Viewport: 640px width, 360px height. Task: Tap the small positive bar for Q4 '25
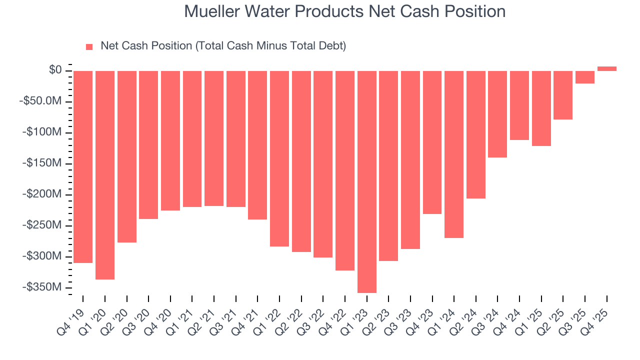coord(606,68)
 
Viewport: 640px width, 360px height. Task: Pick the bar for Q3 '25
coord(585,77)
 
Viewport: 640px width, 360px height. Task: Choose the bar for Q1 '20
coord(105,175)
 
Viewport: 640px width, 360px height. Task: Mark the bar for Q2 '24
coord(475,134)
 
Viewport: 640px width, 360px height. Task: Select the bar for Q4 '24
coord(519,105)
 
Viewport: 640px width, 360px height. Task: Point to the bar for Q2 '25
coord(563,95)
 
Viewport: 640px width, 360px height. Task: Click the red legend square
coord(89,47)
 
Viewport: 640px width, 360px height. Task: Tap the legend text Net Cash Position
coord(223,46)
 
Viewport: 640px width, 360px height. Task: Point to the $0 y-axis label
coord(55,70)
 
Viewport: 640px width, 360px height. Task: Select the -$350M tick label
coord(42,287)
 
